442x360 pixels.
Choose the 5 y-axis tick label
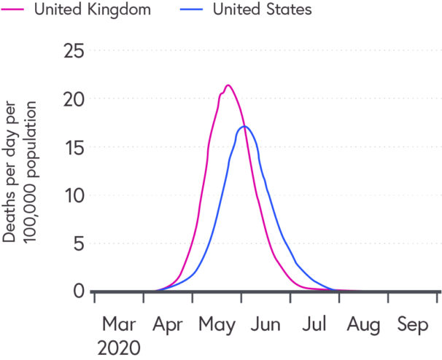tap(78, 243)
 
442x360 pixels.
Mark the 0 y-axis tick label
tap(78, 291)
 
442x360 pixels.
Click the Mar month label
tap(118, 324)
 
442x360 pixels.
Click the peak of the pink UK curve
tap(228, 85)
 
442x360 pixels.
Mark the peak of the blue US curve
tap(244, 127)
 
